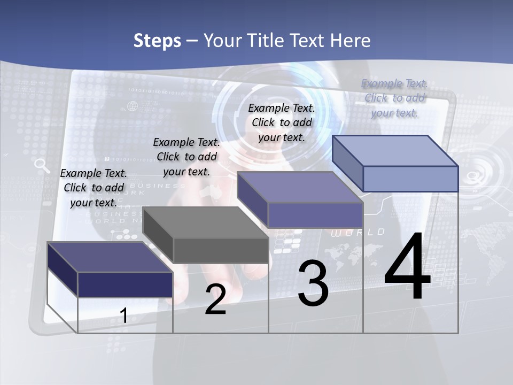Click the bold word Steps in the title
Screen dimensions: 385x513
tap(157, 41)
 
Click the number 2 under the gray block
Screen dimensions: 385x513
tap(215, 299)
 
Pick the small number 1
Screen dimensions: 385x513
tap(123, 315)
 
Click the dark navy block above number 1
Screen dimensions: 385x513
tap(125, 284)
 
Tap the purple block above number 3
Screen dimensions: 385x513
tap(315, 215)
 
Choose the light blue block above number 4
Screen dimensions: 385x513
tap(410, 178)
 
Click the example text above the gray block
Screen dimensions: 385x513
tap(186, 157)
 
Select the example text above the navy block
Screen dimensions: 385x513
tap(94, 188)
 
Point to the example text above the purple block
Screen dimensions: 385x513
tap(282, 122)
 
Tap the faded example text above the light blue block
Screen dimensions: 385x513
tap(394, 98)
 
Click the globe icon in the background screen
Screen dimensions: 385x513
tap(133, 105)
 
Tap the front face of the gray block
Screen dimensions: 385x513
tap(221, 250)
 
